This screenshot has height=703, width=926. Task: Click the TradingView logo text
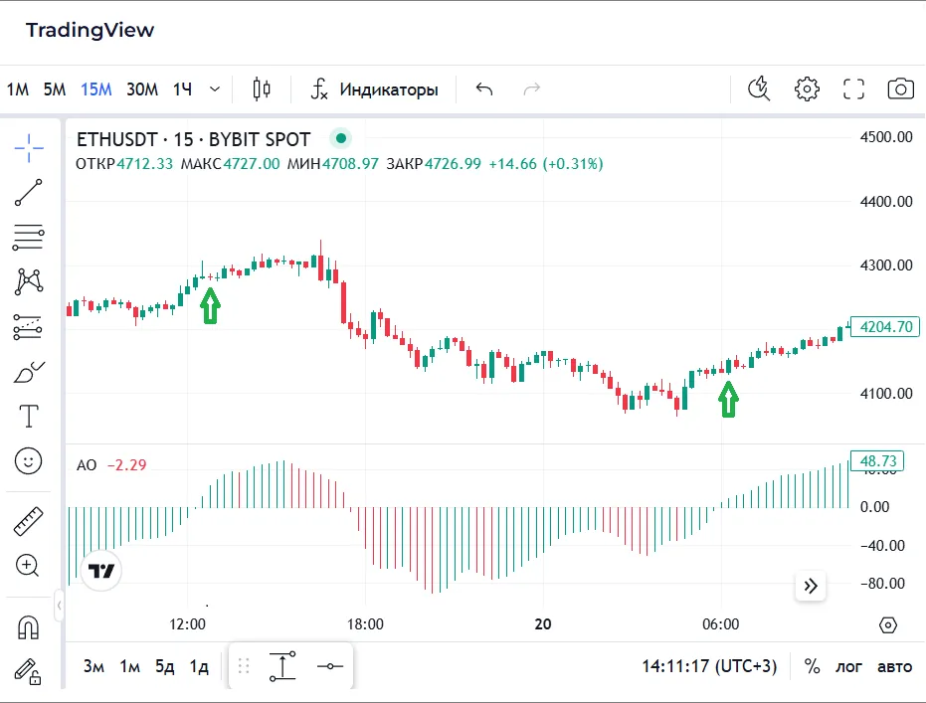[x=90, y=30]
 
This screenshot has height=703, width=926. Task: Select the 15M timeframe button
[x=96, y=89]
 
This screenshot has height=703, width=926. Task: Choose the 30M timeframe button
[x=141, y=89]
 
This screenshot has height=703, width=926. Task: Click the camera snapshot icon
[x=900, y=89]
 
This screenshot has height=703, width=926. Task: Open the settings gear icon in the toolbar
[x=807, y=89]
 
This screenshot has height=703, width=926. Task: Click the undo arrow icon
[x=484, y=89]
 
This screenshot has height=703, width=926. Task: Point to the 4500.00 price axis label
[x=885, y=137]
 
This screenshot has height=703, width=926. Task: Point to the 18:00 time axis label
[x=365, y=624]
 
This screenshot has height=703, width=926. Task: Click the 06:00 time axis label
[x=720, y=624]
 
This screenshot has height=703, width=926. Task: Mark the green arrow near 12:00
[x=209, y=305]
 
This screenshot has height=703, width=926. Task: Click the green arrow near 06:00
[x=729, y=401]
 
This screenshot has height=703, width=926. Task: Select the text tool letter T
[x=29, y=416]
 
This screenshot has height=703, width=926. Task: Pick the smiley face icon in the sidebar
[x=29, y=460]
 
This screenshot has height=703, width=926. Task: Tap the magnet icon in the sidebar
[x=29, y=628]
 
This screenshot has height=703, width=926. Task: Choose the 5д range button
[x=164, y=666]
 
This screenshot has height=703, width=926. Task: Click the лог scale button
[x=848, y=666]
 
